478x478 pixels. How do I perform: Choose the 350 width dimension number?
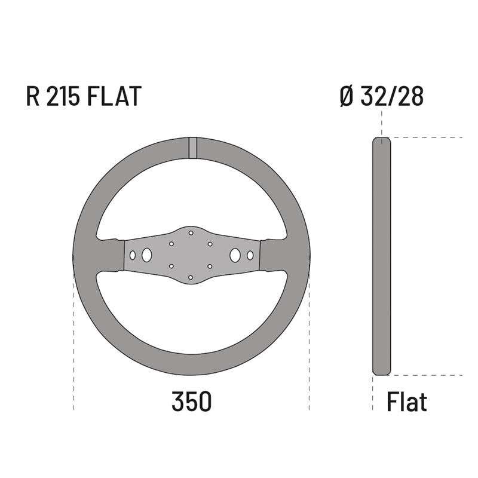click(x=191, y=402)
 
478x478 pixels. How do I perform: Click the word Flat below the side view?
click(x=407, y=402)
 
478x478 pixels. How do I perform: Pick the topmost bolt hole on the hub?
click(x=191, y=232)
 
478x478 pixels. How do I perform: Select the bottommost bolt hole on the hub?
click(x=191, y=277)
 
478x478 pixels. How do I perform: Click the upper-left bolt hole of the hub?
click(x=171, y=244)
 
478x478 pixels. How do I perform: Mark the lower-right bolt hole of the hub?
click(x=210, y=266)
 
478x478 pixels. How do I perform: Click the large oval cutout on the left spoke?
click(x=146, y=255)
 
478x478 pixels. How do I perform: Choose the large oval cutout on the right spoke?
click(x=236, y=255)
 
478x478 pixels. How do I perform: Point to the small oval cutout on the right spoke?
click(x=250, y=255)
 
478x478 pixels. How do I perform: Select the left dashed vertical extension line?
click(x=74, y=347)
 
